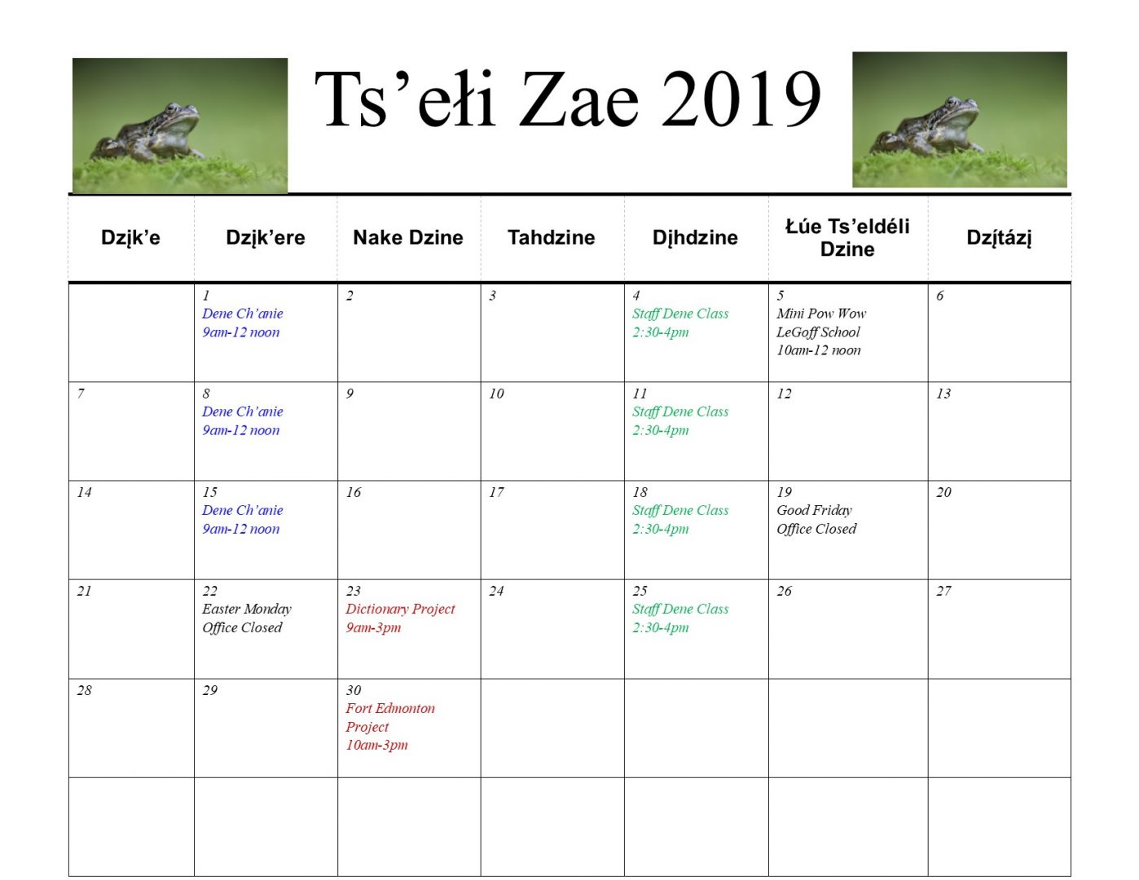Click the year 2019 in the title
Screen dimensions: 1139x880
(741, 99)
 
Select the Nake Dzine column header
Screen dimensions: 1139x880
(408, 237)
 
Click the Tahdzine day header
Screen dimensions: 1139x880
(551, 237)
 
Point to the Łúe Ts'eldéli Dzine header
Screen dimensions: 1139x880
(847, 237)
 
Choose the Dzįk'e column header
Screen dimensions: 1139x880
(130, 237)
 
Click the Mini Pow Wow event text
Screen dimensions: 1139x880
(820, 314)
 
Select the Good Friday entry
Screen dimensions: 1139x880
(814, 510)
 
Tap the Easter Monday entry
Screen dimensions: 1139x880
(246, 609)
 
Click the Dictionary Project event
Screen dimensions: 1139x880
(400, 609)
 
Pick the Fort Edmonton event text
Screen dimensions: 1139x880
(390, 708)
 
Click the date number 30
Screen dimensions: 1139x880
(354, 690)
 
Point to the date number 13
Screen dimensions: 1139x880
(943, 394)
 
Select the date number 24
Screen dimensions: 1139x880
(496, 591)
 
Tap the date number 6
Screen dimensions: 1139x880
(940, 296)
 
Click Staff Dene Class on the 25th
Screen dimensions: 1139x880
(679, 609)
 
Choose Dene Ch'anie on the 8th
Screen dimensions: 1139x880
(242, 411)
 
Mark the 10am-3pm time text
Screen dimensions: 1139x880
(376, 745)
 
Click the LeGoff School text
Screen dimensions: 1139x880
(818, 332)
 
